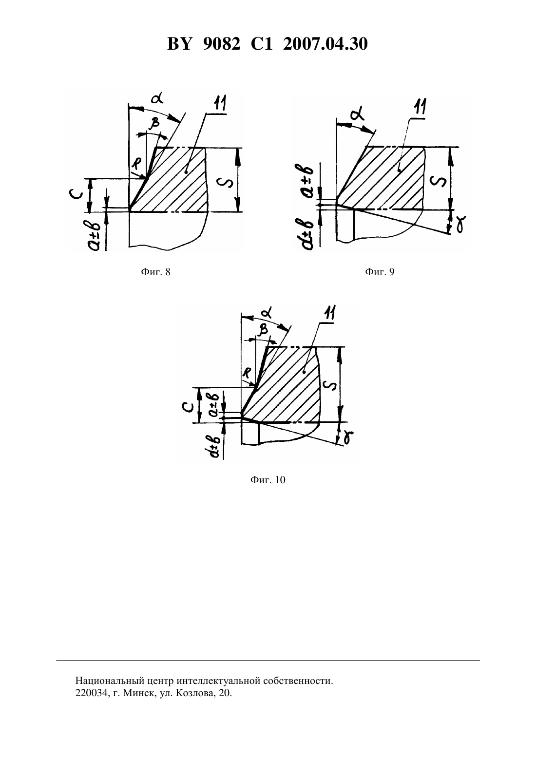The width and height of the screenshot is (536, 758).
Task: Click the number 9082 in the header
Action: (x=222, y=44)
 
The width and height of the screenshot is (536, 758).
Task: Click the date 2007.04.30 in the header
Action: (x=325, y=44)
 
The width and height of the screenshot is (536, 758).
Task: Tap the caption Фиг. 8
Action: (x=155, y=272)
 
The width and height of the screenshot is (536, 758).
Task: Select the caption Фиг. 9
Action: (x=380, y=272)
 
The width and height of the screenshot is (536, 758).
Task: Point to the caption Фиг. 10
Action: (x=268, y=480)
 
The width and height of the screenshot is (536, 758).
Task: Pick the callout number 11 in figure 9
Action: (x=420, y=107)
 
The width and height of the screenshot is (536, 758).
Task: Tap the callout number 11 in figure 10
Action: (x=329, y=312)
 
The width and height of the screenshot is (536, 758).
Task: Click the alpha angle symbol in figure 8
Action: (x=157, y=98)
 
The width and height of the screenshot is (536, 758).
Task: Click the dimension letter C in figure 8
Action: (x=77, y=195)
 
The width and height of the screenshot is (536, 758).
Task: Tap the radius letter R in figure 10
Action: (x=248, y=373)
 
